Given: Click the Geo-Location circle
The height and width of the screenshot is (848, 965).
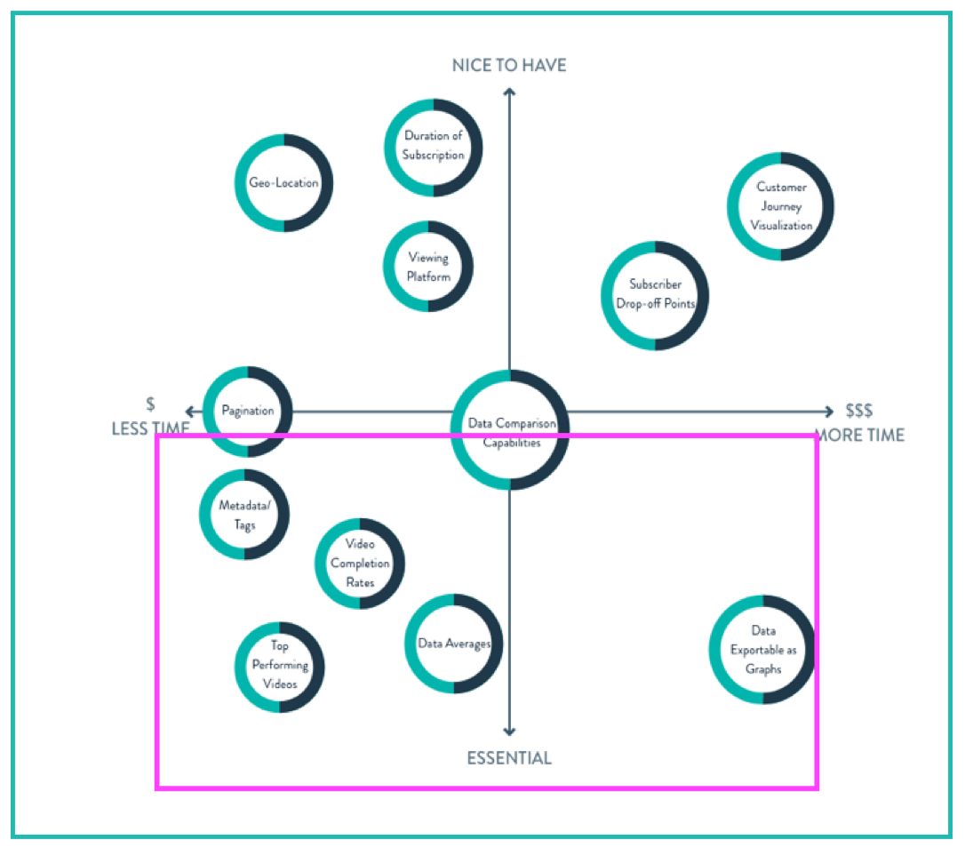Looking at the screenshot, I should [x=283, y=183].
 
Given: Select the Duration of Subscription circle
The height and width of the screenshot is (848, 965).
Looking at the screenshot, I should [x=434, y=146].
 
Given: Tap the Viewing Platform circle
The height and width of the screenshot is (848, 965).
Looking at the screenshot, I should [x=428, y=267].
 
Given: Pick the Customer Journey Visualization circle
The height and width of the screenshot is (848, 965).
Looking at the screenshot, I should [x=781, y=206].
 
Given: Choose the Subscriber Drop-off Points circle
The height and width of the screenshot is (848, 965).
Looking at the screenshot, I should [x=655, y=294].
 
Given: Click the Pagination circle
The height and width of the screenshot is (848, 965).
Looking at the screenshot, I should [x=248, y=411].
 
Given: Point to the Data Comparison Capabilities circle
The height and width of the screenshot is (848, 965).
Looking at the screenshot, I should [x=510, y=430].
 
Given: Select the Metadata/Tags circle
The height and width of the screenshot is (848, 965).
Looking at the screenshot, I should [x=244, y=515].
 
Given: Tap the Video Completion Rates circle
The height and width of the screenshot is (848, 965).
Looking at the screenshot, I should [x=360, y=564].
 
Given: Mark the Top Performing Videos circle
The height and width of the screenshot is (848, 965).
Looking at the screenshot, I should [x=279, y=666].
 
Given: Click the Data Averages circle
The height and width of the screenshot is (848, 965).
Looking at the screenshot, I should [x=454, y=644].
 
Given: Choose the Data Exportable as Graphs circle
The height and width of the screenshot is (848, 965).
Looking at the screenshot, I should [x=762, y=650].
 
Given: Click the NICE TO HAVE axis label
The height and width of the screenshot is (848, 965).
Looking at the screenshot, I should [x=509, y=66].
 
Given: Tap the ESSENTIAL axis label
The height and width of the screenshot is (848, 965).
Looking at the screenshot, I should [x=509, y=758].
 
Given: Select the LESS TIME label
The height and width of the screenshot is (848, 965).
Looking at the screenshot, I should [x=150, y=428].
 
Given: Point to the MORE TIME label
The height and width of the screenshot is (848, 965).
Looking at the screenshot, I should [x=859, y=435].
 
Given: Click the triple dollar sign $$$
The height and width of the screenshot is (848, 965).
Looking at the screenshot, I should [x=859, y=411].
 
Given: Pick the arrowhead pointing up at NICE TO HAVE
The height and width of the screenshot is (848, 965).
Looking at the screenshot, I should [x=509, y=92].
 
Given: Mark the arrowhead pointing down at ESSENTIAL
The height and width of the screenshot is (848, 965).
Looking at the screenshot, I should [x=509, y=731].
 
